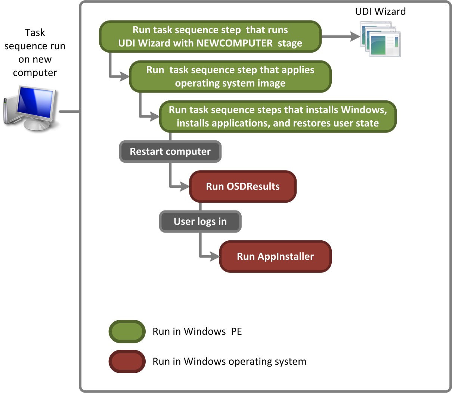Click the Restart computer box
pyautogui.click(x=170, y=152)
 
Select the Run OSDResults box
pyautogui.click(x=243, y=187)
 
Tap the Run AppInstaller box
pyautogui.click(x=275, y=256)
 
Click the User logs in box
pyautogui.click(x=200, y=222)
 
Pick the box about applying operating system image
pyautogui.click(x=230, y=77)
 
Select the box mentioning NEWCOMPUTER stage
pyautogui.click(x=210, y=37)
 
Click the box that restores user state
pyautogui.click(x=278, y=116)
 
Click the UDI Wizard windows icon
pyautogui.click(x=380, y=39)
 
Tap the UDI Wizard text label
pyautogui.click(x=380, y=12)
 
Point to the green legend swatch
pyautogui.click(x=127, y=331)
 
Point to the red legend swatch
pyautogui.click(x=127, y=361)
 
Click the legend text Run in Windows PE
pyautogui.click(x=197, y=331)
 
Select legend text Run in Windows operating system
pyautogui.click(x=229, y=361)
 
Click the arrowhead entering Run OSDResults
pyautogui.click(x=185, y=186)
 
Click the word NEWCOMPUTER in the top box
pyautogui.click(x=235, y=43)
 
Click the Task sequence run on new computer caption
pyautogui.click(x=35, y=53)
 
